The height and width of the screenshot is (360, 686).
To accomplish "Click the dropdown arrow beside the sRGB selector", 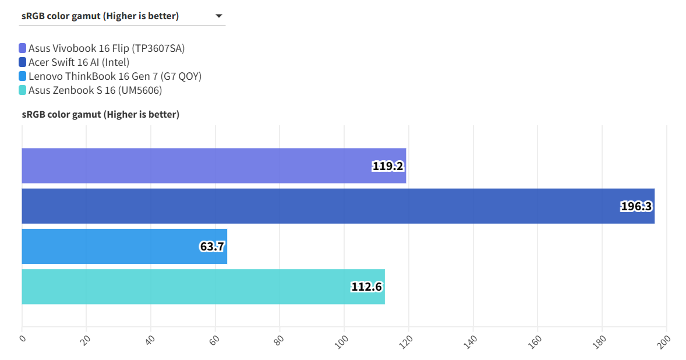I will pos(219,16).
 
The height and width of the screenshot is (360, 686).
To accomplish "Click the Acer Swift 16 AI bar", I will pos(338,206).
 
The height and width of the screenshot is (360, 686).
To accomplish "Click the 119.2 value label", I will pos(388,166).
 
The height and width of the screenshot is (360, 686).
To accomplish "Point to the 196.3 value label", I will pos(636,206).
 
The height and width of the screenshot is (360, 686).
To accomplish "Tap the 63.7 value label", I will pos(212,246).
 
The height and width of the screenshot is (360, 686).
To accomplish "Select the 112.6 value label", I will pos(366,287).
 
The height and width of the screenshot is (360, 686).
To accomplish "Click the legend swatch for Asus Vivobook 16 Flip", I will pos(23,48).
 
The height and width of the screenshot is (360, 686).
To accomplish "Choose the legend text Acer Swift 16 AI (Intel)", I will pos(79,62).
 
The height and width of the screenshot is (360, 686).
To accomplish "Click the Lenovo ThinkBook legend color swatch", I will pos(23,76).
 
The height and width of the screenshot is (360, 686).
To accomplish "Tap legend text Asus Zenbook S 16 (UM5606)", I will pos(95,90).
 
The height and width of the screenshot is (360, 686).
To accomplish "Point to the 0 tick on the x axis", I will pos(23,337).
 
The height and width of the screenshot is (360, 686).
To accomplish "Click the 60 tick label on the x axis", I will pos(214,338).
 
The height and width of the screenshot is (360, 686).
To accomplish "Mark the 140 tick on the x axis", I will pos(471,340).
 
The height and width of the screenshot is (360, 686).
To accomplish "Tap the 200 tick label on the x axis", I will pos(664,340).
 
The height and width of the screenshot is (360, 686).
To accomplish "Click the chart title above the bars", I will pos(101,115).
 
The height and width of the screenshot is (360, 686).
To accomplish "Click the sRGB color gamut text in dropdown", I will pos(100,16).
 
